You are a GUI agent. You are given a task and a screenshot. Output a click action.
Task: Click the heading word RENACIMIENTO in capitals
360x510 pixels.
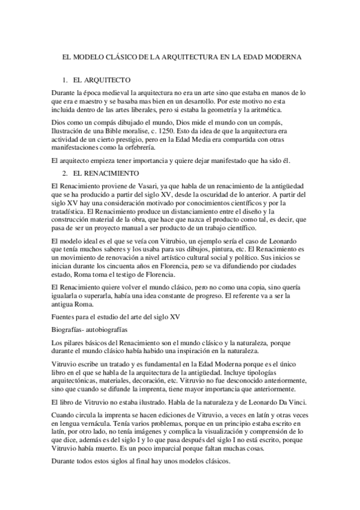click(104, 156)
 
